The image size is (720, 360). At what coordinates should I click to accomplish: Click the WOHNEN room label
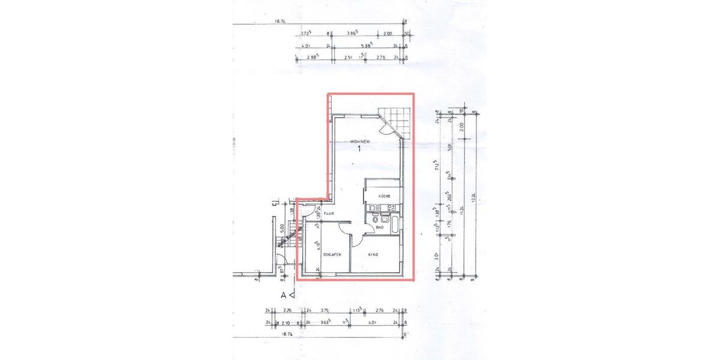pos(360,142)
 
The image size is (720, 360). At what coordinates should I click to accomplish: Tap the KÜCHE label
pos(385,196)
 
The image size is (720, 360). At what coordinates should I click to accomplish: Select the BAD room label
pos(380,227)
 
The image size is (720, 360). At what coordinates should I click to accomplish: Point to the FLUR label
pos(329,214)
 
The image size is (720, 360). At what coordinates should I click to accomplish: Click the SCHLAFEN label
pos(332,254)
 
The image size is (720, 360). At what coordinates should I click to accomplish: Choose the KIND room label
pos(373,254)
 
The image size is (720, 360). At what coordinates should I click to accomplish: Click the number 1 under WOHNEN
pos(359,150)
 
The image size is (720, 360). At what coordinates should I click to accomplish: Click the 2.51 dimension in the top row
pos(348,58)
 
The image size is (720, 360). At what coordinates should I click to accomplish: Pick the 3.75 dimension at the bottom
pos(326,311)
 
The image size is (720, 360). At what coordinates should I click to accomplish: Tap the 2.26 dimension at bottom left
pos(287,311)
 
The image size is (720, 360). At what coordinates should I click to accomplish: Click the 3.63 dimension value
pos(325,322)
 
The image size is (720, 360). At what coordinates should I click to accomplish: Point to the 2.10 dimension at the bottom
pos(287,322)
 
